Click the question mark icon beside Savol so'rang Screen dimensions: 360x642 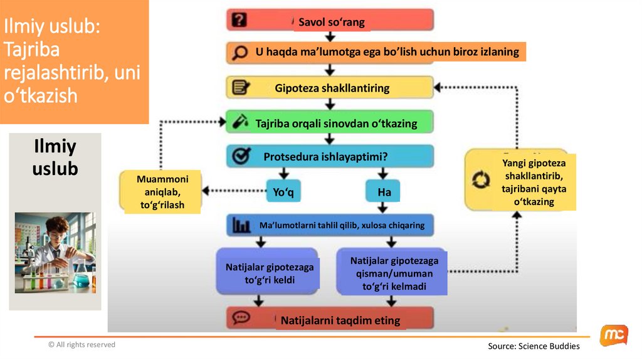coord(239,20)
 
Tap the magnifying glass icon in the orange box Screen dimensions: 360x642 coord(239,53)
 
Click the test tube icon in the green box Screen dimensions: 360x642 coord(239,122)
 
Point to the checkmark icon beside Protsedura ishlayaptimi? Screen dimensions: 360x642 coord(239,156)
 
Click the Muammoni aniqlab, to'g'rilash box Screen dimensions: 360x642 coord(162,192)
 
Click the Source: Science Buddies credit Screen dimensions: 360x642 coord(534,346)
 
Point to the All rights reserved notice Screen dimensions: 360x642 coord(82,344)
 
